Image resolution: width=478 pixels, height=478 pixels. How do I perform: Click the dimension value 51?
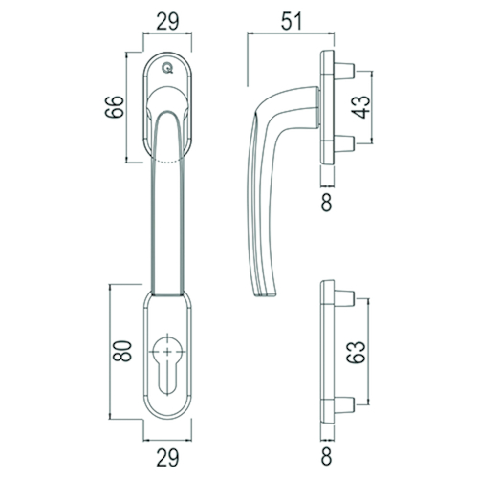292,21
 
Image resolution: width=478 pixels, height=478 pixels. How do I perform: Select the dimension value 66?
115,107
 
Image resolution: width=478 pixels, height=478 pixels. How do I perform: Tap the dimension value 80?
122,351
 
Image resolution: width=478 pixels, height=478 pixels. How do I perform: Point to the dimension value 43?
362,107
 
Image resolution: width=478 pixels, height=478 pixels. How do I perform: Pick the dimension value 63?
356,352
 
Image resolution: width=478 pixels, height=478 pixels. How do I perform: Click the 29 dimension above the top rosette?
167,21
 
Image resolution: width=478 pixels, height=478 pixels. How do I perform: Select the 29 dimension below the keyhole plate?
167,458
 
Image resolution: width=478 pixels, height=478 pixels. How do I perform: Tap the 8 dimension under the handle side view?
326,203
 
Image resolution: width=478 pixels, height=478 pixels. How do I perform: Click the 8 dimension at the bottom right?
326,457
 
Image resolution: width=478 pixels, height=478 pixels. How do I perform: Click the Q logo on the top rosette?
167,68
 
